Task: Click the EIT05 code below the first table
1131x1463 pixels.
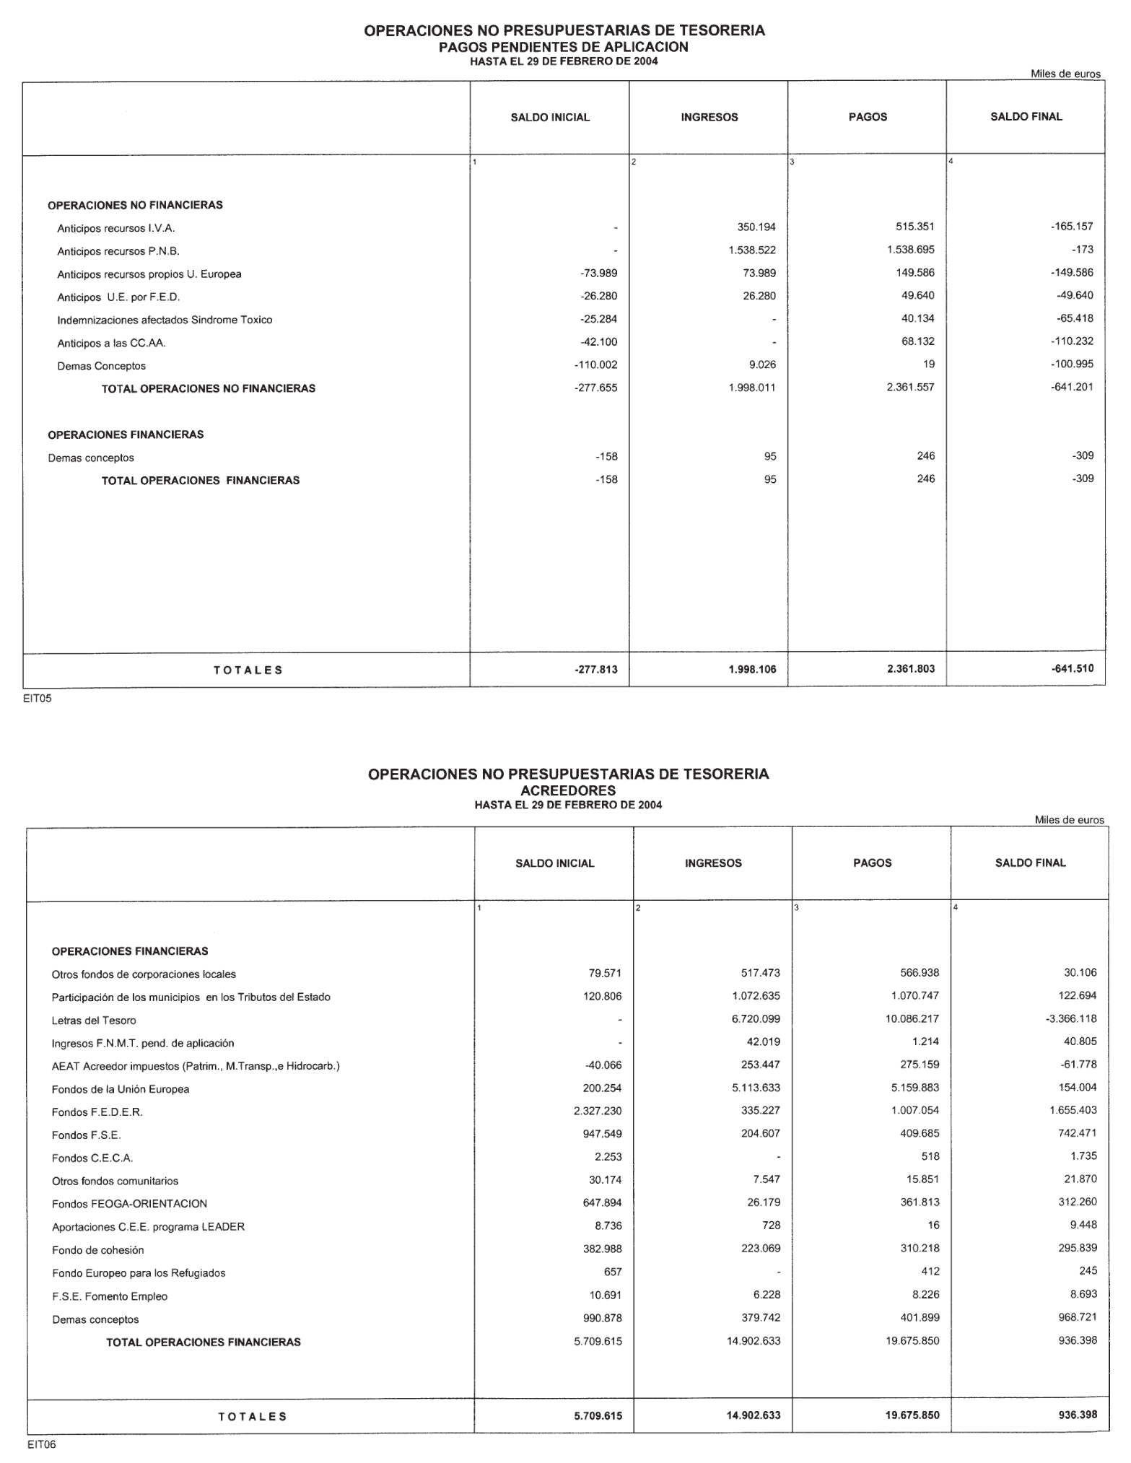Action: tap(38, 699)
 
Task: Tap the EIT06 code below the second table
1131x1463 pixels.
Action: tap(41, 1444)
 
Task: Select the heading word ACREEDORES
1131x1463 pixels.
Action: tap(568, 790)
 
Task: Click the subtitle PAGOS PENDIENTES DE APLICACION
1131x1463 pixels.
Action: tap(564, 47)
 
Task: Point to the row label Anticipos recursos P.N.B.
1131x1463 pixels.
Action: tap(118, 251)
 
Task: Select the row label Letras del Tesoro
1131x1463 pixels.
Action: tap(94, 1021)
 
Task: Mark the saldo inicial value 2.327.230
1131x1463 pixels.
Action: tap(598, 1111)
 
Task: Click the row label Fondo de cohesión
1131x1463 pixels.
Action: tap(98, 1250)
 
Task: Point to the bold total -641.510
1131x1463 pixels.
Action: tap(1073, 668)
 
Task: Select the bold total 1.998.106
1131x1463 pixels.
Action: tap(752, 669)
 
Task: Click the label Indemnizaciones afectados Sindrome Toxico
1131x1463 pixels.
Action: tap(165, 320)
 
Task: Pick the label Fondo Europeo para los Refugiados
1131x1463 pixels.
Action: tap(139, 1273)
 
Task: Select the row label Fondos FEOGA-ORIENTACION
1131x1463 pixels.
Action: tap(129, 1204)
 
